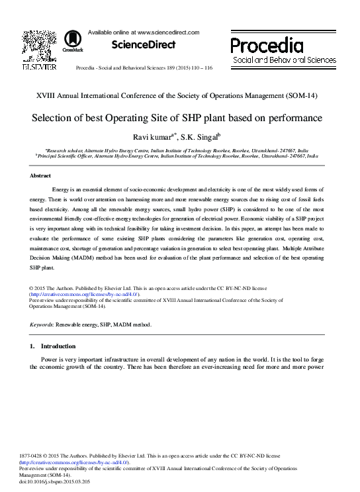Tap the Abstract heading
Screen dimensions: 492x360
pos(41,175)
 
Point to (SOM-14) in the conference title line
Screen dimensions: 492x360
pos(302,95)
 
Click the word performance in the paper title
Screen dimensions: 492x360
pos(294,119)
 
